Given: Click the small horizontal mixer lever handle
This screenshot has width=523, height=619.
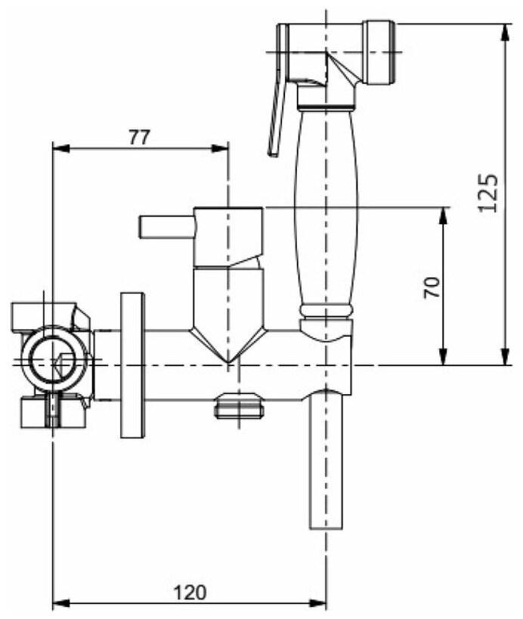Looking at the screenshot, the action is pyautogui.click(x=166, y=226).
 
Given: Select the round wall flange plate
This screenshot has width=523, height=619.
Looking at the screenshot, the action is pyautogui.click(x=132, y=365).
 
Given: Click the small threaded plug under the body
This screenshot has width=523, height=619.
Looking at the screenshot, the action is pyautogui.click(x=238, y=408).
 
